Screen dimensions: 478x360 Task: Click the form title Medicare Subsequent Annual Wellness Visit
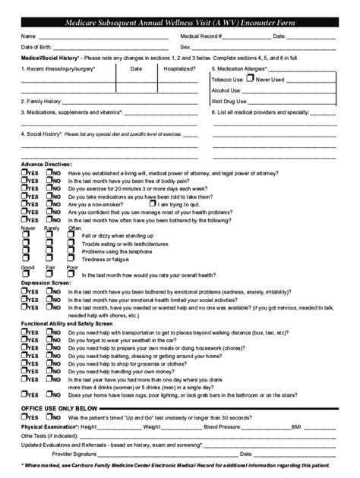coord(179,24)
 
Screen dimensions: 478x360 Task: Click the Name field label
coord(28,36)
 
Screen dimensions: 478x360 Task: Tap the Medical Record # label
coord(201,36)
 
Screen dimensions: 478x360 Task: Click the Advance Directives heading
coord(46,164)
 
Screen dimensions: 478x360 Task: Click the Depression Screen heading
coord(45,283)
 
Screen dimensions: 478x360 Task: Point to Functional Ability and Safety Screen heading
coord(67,324)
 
